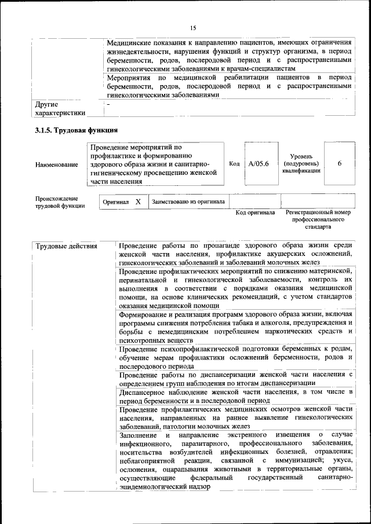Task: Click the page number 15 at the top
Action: pyautogui.click(x=193, y=28)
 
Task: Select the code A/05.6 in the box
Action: pyautogui.click(x=258, y=164)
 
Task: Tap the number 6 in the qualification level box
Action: pyautogui.click(x=339, y=164)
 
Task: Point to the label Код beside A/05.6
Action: pyautogui.click(x=234, y=164)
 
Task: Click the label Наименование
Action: pyautogui.click(x=57, y=165)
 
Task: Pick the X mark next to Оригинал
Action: pyautogui.click(x=138, y=202)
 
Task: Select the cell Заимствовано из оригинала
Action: pyautogui.click(x=188, y=202)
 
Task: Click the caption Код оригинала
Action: pyautogui.click(x=255, y=212)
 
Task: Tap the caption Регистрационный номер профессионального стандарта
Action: pyautogui.click(x=318, y=220)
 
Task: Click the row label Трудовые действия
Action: pyautogui.click(x=67, y=247)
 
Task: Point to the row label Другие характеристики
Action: pyautogui.click(x=60, y=109)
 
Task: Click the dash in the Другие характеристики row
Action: pyautogui.click(x=108, y=104)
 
